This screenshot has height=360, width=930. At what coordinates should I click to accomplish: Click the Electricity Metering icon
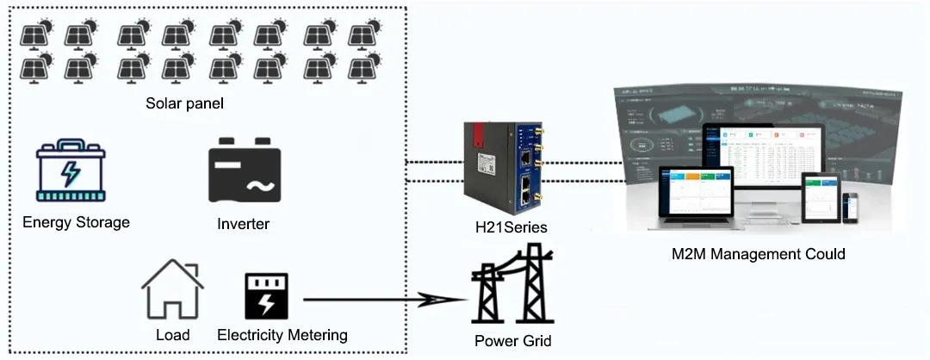266,296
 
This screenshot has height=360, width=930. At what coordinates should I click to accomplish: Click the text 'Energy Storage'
76,222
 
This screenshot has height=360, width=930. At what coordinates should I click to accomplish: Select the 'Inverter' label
244,224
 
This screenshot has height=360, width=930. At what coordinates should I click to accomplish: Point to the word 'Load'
173,334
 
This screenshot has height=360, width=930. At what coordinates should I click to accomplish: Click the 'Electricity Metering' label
282,334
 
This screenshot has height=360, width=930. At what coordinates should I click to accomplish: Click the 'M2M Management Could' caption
758,254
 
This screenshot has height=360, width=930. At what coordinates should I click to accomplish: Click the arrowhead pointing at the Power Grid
448,300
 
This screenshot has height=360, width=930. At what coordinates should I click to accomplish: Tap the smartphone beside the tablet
850,206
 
